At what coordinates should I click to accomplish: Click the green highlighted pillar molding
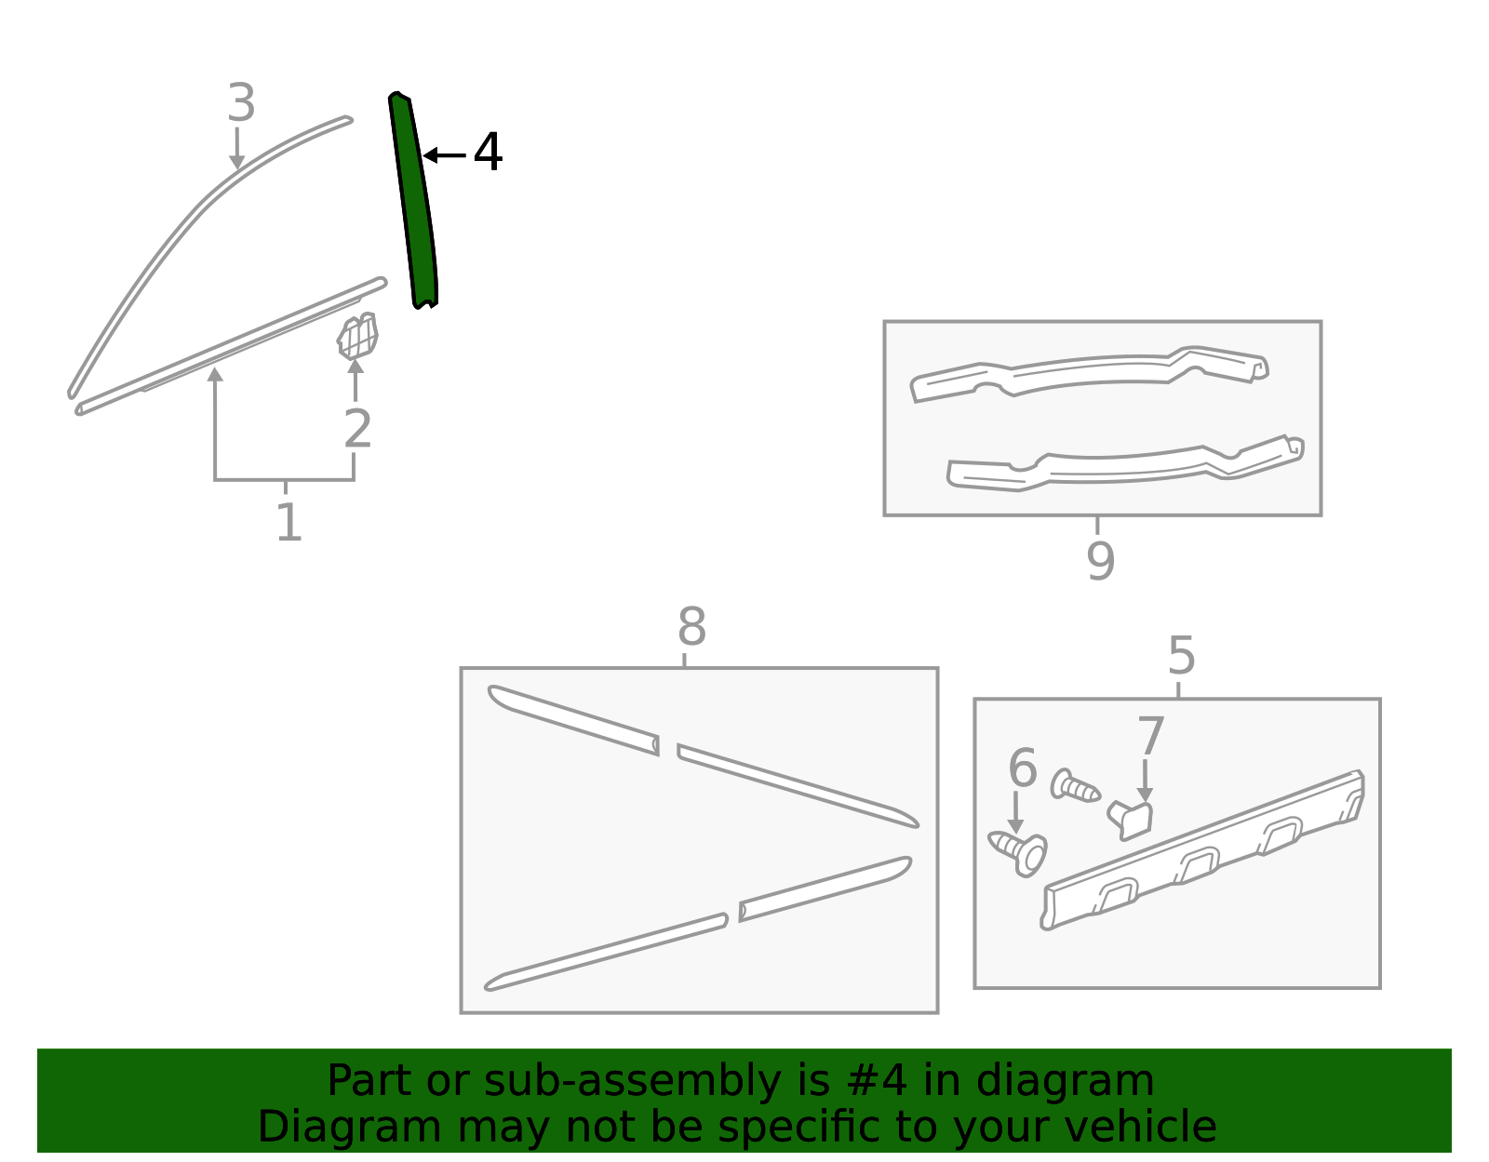coord(412,201)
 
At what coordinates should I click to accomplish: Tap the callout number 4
coord(488,152)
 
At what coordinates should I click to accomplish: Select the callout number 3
coord(241,102)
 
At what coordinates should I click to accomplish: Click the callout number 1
coord(289,523)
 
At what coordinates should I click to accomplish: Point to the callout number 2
coord(357,429)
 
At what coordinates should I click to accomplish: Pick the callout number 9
coord(1101,561)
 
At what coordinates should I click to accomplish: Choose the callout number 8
coord(691,626)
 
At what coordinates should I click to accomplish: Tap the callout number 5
coord(1181,655)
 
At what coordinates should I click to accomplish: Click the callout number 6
coord(1023,768)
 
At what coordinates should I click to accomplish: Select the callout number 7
coord(1150,736)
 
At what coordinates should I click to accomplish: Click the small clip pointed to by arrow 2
coord(357,336)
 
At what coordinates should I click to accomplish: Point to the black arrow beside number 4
coord(444,155)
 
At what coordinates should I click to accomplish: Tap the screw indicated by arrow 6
coord(1018,852)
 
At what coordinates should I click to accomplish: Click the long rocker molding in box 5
coord(1202,849)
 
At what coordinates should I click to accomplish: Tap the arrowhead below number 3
coord(236,162)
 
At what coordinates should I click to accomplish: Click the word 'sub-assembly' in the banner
coord(634,1081)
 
